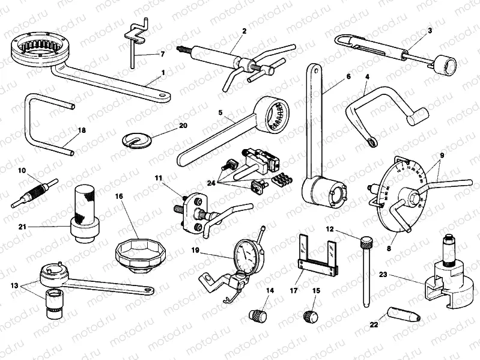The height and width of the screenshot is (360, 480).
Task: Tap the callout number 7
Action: coord(162,54)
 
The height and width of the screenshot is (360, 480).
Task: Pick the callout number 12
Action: coord(330,229)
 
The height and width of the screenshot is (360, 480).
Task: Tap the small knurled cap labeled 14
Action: coord(257,314)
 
